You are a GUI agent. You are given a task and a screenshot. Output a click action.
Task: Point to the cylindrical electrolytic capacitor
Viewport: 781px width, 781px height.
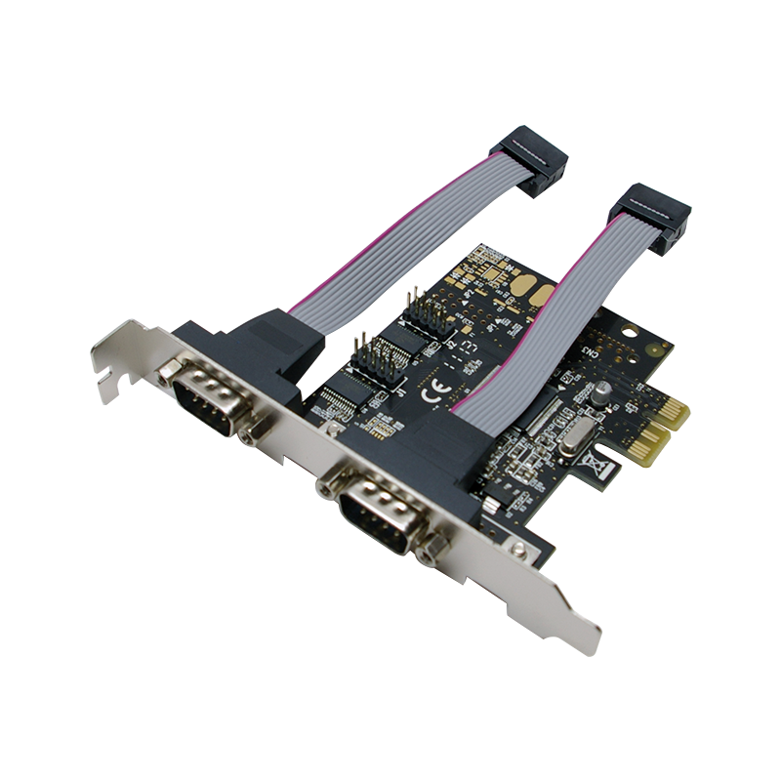(x=603, y=390)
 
